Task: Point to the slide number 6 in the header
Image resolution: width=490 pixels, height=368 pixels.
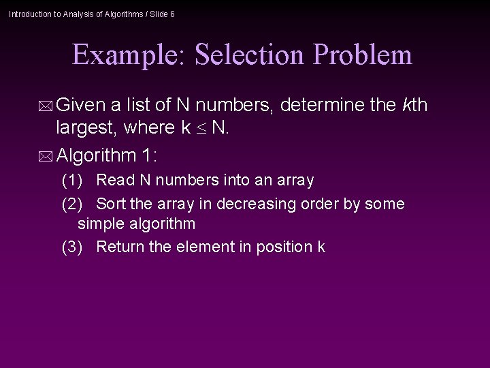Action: (172, 14)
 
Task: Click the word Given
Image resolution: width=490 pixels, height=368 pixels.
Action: (80, 106)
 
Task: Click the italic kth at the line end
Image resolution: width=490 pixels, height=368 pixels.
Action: (414, 106)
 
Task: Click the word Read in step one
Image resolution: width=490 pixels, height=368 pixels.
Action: (112, 181)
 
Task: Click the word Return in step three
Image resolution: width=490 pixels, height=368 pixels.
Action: (120, 247)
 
